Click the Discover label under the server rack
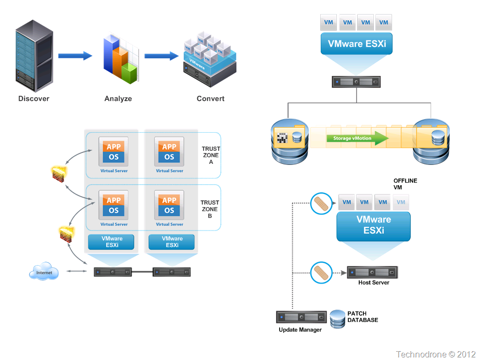click(x=34, y=99)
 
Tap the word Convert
click(x=210, y=99)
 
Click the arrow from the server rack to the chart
click(x=75, y=56)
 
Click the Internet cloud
click(x=44, y=272)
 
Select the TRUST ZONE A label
click(x=210, y=155)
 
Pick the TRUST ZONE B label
click(x=210, y=209)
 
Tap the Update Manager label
click(x=300, y=330)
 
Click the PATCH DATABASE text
click(x=363, y=317)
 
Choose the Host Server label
click(x=373, y=282)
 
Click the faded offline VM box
click(x=400, y=202)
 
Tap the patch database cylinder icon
click(x=338, y=318)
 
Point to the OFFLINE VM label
click(x=405, y=184)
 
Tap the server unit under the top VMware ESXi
click(x=356, y=82)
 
